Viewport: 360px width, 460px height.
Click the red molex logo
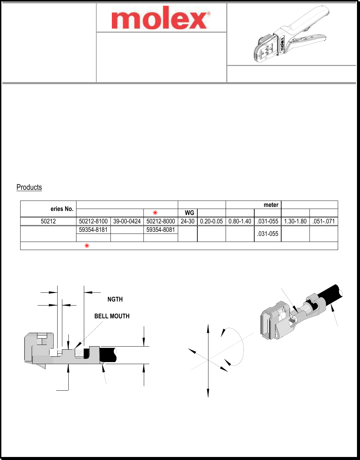[x=161, y=18]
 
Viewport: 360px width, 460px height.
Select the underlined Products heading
[x=29, y=187]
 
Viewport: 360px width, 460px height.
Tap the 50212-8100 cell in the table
[x=93, y=221]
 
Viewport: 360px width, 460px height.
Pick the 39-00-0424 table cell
[x=127, y=221]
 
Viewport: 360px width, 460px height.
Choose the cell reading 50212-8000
[x=161, y=221]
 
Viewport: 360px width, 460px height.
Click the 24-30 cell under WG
[x=188, y=221]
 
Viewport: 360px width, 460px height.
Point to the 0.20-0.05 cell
[x=211, y=221]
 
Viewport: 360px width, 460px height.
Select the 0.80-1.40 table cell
[x=240, y=221]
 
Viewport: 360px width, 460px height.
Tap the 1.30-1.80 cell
[x=295, y=221]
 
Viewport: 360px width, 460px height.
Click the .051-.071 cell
[x=324, y=221]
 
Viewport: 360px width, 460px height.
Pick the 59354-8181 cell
[x=93, y=230]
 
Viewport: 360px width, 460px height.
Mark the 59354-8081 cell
[x=161, y=230]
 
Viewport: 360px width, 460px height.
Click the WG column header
[x=189, y=213]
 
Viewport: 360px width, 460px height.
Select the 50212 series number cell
[x=48, y=221]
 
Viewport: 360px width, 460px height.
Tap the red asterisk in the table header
[x=155, y=213]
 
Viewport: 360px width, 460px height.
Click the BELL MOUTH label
[x=112, y=316]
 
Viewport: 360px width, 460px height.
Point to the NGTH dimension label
[x=115, y=299]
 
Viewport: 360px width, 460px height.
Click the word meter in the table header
[x=271, y=205]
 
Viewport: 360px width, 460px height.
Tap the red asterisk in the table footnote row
[x=87, y=246]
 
